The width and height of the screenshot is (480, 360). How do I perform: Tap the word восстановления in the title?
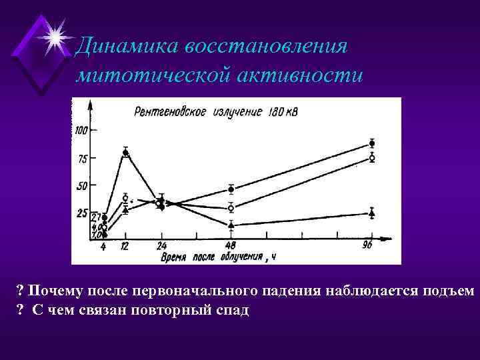point(267,47)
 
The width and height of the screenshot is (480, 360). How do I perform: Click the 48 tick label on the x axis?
point(231,246)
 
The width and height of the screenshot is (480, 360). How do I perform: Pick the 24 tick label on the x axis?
point(161,246)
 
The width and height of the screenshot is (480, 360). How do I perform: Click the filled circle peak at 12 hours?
point(125,153)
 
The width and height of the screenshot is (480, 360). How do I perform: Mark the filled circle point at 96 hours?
point(372,143)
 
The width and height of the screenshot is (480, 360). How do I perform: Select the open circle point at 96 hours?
point(372,158)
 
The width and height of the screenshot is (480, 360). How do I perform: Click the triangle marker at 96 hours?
point(372,213)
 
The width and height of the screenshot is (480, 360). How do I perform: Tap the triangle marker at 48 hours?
point(231,225)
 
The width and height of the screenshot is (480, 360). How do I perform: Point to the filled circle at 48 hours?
point(231,189)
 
